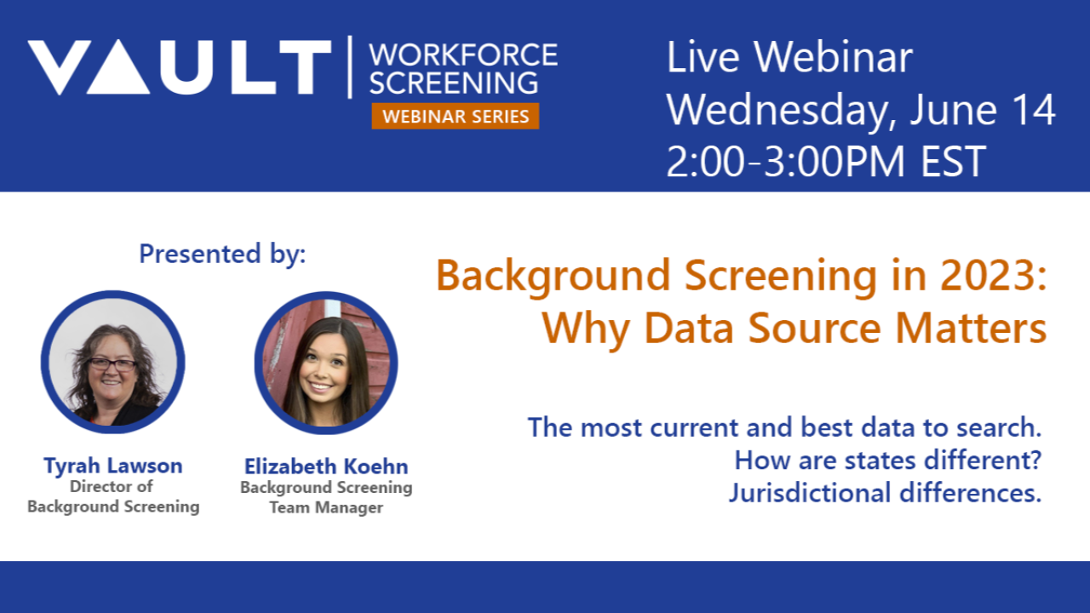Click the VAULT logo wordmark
click(180, 67)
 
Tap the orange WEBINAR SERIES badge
click(456, 116)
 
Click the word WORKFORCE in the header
click(463, 55)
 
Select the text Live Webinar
click(789, 58)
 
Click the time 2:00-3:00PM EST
click(826, 162)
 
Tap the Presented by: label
click(222, 254)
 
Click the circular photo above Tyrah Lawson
click(112, 362)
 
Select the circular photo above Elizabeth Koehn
click(326, 363)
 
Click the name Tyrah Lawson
click(113, 466)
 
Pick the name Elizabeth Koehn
click(326, 467)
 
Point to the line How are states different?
click(888, 461)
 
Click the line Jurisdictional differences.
click(885, 493)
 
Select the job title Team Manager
click(326, 507)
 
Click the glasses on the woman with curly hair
click(112, 364)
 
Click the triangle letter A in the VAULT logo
click(118, 69)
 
